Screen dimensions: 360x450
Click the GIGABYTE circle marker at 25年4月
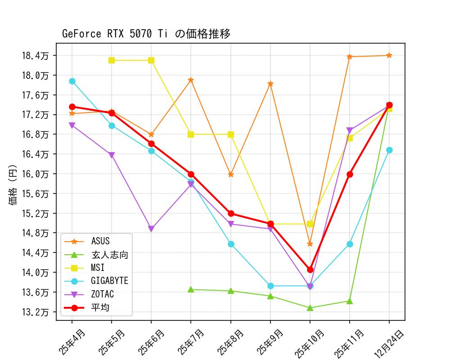(72, 81)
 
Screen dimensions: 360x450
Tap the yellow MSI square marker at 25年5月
(112, 60)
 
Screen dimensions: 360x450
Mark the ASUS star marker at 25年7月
(191, 80)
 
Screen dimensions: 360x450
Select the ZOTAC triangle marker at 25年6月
(151, 229)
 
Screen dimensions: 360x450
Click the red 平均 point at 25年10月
(310, 270)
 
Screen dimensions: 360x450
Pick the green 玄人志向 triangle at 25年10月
(310, 308)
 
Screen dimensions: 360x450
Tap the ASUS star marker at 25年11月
(350, 57)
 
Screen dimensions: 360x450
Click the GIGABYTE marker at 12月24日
(389, 150)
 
